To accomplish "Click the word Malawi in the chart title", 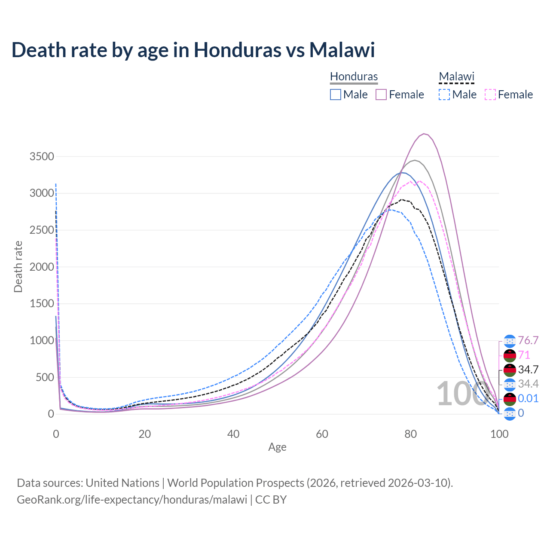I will [x=342, y=50].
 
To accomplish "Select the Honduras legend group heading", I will [x=354, y=76].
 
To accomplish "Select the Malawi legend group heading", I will [x=456, y=76].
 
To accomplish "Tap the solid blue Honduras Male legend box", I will [x=336, y=95].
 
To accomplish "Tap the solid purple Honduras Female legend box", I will [x=382, y=95].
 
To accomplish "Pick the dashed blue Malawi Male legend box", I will [x=444, y=95].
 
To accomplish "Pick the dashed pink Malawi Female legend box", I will [x=490, y=95].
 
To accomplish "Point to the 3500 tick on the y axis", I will [x=42, y=156].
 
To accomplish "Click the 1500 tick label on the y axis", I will [x=42, y=304].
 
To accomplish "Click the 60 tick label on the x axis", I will [x=322, y=434].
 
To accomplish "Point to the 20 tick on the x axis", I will [x=145, y=434].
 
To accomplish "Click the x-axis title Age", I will [x=277, y=447].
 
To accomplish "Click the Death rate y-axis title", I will [x=18, y=266].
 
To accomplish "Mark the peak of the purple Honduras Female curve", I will [x=424, y=134].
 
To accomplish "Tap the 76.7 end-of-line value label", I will [x=528, y=341].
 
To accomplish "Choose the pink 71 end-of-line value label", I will [x=524, y=355].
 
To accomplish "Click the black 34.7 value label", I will [x=528, y=370].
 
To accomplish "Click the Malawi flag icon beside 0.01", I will [x=510, y=399].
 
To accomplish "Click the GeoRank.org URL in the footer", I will [x=132, y=500].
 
